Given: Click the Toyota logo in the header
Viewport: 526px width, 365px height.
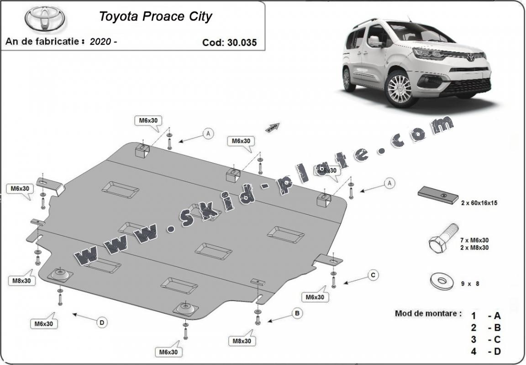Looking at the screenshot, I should [x=45, y=19].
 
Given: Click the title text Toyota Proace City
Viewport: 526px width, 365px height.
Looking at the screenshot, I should [x=156, y=17].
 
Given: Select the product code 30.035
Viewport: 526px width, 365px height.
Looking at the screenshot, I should [x=242, y=42].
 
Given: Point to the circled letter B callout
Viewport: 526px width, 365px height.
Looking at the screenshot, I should [x=297, y=313].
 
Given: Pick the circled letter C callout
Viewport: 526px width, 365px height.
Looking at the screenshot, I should [x=373, y=275].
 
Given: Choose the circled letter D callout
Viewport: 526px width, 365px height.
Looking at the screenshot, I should [x=102, y=323].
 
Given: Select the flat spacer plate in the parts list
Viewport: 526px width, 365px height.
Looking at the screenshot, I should [x=438, y=195].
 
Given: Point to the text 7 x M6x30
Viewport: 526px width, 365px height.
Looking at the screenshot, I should [x=475, y=240].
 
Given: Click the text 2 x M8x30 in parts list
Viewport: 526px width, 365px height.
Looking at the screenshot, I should [x=475, y=248].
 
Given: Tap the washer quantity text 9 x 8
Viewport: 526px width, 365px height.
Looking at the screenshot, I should [x=470, y=284].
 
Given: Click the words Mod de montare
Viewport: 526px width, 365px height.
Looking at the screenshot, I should [x=428, y=314].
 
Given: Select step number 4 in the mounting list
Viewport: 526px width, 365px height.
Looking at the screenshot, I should [x=474, y=351].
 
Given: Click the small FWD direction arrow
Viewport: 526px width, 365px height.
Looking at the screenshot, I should [x=273, y=126].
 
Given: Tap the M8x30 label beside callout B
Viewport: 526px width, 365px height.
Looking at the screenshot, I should [x=242, y=340].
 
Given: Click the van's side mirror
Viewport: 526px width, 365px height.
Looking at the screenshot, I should [x=375, y=42].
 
